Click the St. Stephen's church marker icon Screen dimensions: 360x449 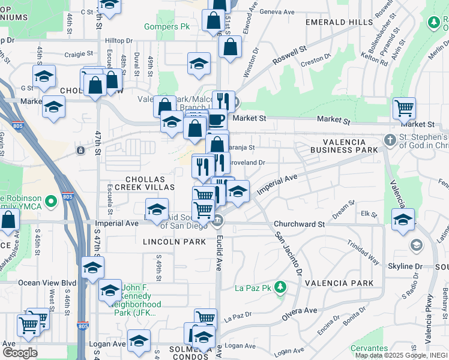coord(390,140)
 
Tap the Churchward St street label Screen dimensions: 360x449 coord(299,224)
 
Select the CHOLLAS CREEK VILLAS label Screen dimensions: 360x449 coord(149,183)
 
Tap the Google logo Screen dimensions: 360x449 coord(20,353)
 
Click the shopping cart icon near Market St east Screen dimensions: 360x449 coord(404,109)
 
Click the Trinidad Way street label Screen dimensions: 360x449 coord(364,252)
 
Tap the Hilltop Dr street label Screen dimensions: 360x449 coord(118,40)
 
